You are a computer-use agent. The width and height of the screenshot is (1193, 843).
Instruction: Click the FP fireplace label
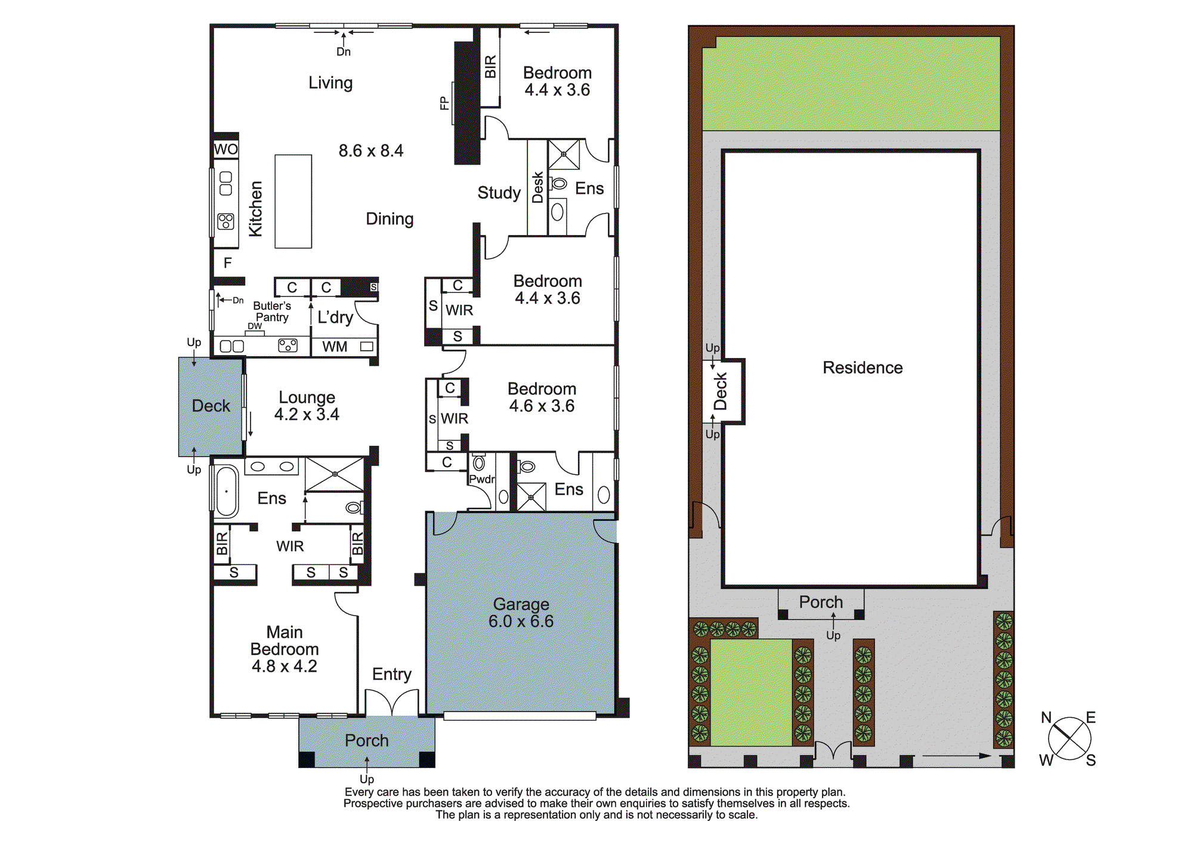coord(444,103)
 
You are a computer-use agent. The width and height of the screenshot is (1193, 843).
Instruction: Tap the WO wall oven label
coord(226,149)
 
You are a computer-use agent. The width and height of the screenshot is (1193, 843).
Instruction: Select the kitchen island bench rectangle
coord(293,202)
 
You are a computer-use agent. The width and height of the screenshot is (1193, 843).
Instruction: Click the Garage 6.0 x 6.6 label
coord(521,613)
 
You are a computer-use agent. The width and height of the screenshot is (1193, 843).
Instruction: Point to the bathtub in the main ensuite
coord(227,491)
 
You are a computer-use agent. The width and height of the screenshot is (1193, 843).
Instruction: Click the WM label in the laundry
coord(335,347)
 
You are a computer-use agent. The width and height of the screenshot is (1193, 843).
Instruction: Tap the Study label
coord(499,193)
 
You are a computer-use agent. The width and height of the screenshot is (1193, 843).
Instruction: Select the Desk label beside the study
coord(537,187)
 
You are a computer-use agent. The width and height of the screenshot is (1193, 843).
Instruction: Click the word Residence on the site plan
coord(862,368)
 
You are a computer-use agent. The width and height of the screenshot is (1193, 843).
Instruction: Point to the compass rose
coord(1070,739)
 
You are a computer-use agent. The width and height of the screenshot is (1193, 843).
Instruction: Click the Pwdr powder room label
coord(481,479)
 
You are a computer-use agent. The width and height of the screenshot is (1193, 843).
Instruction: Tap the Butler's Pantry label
coord(272,311)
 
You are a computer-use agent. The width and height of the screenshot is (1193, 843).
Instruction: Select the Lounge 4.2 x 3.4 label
coord(307,406)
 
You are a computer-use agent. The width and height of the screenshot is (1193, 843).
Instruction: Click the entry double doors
coord(392,703)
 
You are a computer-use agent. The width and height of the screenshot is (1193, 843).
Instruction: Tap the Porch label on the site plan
coord(821,602)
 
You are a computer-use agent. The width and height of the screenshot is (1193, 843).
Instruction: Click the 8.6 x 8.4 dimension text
coord(371,150)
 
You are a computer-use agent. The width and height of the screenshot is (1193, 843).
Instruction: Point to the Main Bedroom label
coord(285,649)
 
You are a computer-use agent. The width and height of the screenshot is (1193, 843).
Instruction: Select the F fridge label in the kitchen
coord(227,263)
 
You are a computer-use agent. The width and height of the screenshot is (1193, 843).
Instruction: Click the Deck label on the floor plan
coord(211,406)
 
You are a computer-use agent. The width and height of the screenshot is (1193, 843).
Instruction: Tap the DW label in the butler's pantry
coord(255,326)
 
